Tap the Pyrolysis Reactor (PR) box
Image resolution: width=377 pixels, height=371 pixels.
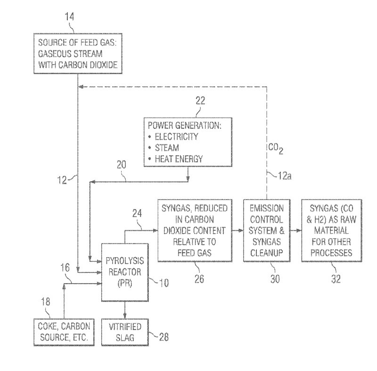click(x=124, y=272)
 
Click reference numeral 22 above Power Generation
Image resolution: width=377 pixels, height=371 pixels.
click(x=197, y=101)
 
